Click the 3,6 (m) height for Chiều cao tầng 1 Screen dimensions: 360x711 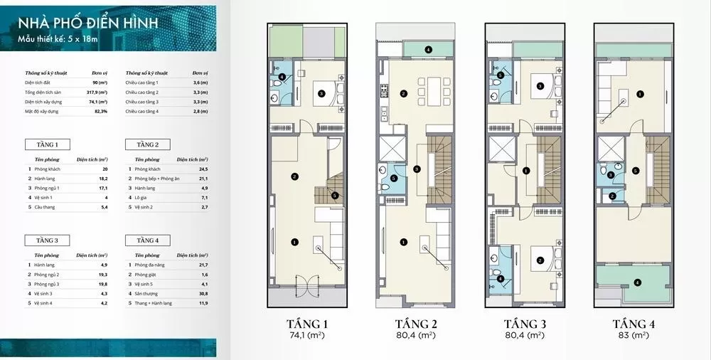200,83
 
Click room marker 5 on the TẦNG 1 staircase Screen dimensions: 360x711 334,196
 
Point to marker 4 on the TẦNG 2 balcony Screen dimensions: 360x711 429,50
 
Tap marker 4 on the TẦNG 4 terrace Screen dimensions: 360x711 637,282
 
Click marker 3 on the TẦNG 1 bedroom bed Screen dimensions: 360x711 321,93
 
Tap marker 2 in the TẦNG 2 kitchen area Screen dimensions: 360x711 403,93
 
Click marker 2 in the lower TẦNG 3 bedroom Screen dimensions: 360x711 540,260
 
